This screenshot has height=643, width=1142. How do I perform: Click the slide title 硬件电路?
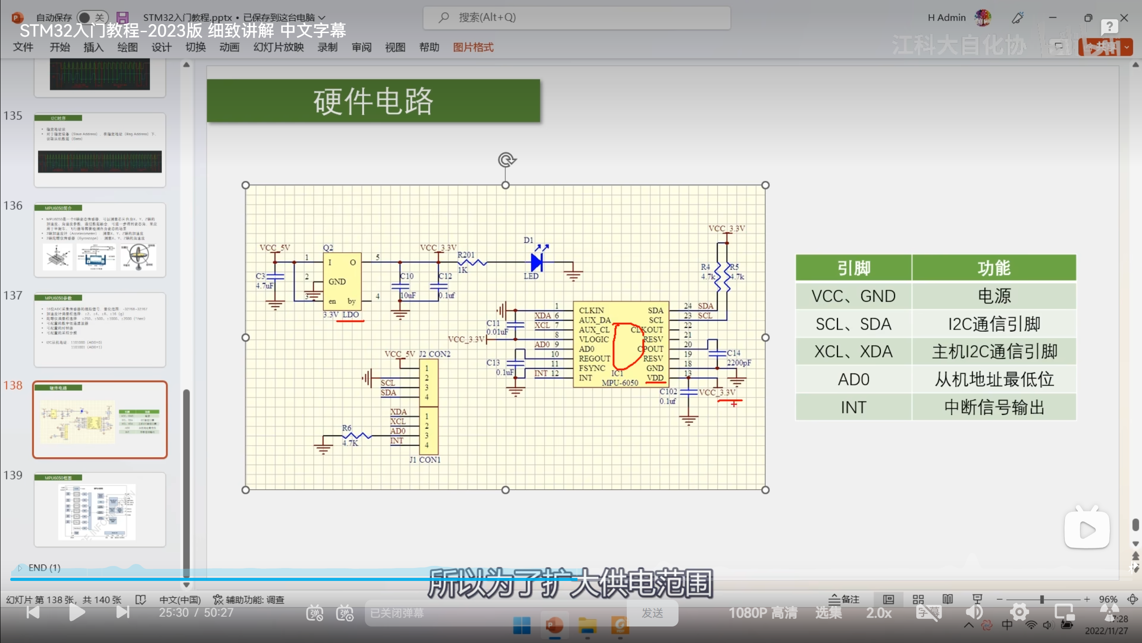pos(373,101)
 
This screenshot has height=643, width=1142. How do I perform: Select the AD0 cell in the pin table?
pos(853,380)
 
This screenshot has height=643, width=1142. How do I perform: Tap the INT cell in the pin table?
pos(853,407)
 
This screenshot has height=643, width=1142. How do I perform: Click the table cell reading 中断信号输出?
pos(994,407)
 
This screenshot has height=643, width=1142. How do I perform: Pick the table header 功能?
pos(994,268)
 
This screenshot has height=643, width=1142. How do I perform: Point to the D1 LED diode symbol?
pos(537,262)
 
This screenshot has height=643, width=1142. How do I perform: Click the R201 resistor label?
pos(466,255)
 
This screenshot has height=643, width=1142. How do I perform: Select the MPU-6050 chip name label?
pos(620,383)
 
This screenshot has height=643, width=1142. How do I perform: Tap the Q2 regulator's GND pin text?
pos(337,281)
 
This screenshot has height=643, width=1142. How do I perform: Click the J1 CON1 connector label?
pos(425,459)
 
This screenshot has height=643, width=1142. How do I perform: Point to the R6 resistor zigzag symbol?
pos(357,435)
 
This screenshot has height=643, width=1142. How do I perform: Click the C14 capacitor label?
pos(733,353)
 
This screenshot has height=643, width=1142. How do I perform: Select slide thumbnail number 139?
pos(100,509)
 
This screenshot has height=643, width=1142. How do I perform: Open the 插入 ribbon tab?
pos(93,47)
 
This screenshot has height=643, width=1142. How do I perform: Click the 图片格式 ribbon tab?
pos(473,47)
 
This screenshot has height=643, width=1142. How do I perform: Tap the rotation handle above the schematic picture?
pos(506,159)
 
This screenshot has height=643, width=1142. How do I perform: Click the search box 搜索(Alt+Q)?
pos(576,18)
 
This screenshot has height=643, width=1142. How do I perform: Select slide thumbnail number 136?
pos(100,240)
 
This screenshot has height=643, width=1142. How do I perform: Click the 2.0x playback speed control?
pos(879,613)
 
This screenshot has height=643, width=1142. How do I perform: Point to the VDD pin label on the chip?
pos(655,378)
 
